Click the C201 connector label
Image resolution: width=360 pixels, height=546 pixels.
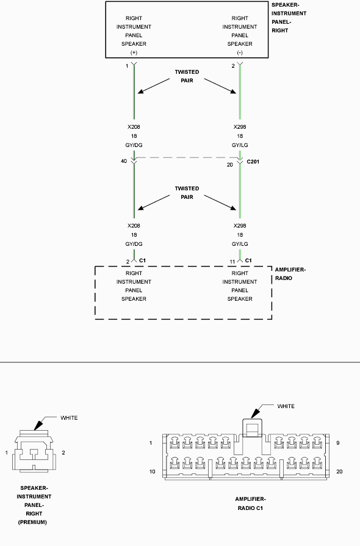tap(253, 162)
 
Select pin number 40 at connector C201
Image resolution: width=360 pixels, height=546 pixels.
tap(124, 161)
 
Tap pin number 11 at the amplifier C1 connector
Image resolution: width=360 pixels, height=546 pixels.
tap(232, 262)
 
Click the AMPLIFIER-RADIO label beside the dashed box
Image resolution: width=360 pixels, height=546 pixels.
tap(290, 274)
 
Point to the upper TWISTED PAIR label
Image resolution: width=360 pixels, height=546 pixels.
tap(187, 76)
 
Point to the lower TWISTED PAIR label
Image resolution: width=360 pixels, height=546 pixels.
tap(187, 193)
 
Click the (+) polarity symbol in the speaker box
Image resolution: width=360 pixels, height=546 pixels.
tap(134, 52)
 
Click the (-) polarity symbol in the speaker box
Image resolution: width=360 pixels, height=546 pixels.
tap(240, 52)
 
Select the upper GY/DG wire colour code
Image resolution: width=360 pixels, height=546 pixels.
tap(134, 145)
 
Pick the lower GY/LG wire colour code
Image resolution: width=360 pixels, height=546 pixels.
tap(240, 244)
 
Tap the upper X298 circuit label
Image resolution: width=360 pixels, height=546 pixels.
tap(240, 127)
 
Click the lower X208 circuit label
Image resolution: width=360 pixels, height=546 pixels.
tap(134, 226)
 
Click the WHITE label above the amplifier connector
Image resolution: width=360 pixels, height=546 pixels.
tap(286, 406)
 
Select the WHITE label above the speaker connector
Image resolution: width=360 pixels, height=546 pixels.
tap(69, 418)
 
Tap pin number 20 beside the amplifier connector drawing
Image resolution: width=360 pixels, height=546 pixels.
tap(339, 472)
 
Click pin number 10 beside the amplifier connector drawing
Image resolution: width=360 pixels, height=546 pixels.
tap(152, 472)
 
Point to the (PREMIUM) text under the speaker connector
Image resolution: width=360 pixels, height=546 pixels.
tap(32, 522)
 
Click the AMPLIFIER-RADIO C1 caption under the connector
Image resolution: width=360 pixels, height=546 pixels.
tap(250, 503)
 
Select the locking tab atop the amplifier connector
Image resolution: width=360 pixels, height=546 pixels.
tap(252, 427)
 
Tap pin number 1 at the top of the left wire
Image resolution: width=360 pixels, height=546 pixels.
tap(127, 66)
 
